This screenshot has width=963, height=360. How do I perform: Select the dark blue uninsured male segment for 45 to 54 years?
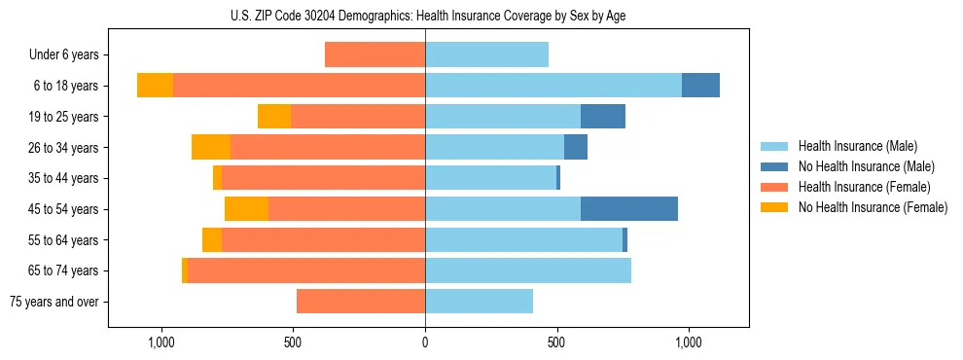(x=628, y=209)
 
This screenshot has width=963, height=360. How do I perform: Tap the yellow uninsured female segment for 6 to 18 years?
(x=155, y=86)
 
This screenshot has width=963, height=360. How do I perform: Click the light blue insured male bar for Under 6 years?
(x=486, y=54)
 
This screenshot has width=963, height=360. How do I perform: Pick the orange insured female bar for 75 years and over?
(x=360, y=302)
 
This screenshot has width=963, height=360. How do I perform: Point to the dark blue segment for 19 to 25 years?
(x=602, y=117)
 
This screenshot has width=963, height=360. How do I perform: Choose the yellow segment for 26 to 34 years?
(x=210, y=147)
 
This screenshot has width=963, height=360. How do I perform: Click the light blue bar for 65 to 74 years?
(x=527, y=270)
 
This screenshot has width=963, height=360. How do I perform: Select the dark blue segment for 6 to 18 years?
(x=700, y=86)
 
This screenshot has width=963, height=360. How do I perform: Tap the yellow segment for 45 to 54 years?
(x=246, y=209)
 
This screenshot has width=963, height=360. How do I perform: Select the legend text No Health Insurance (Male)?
(x=866, y=166)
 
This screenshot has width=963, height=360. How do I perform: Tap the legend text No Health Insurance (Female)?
(x=873, y=207)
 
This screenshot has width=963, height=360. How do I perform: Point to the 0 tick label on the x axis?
(x=425, y=342)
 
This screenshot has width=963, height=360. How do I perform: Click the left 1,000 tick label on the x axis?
(x=160, y=342)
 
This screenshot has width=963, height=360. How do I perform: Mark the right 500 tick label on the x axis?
(x=556, y=342)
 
